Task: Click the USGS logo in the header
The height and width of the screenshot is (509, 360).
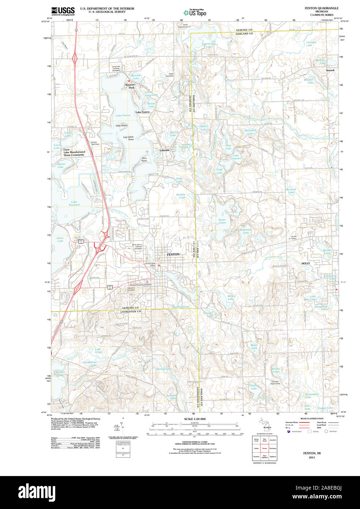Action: [x=63, y=11]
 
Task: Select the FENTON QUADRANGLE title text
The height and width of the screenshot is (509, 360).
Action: [x=321, y=8]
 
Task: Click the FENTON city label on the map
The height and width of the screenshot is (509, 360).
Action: [x=173, y=254]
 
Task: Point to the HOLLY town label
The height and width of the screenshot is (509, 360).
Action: [x=305, y=263]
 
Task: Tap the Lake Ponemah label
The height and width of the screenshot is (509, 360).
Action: [x=74, y=203]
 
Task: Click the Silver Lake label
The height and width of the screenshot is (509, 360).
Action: [x=60, y=239]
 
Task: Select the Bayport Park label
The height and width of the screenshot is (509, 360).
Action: [x=130, y=86]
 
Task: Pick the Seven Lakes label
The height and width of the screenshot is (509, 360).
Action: [x=222, y=221]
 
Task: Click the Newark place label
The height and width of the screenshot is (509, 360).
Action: [x=330, y=70]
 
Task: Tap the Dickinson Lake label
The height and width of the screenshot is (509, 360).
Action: [x=246, y=231]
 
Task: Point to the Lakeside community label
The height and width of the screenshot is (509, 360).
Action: [x=165, y=150]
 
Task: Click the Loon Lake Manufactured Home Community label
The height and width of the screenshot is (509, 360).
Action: [x=74, y=152]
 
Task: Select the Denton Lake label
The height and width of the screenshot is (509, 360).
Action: [x=164, y=369]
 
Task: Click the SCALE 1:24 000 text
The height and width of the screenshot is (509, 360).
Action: [x=195, y=419]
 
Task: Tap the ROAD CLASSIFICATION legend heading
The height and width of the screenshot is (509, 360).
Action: [x=312, y=419]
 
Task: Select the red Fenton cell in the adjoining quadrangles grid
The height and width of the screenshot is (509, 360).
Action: [x=265, y=448]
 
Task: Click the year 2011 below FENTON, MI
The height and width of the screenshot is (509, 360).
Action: [x=312, y=457]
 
